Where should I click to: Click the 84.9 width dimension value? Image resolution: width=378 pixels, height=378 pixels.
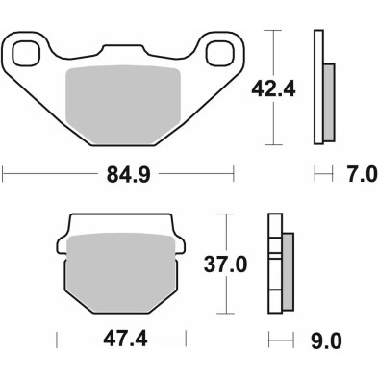pyautogui.click(x=119, y=175)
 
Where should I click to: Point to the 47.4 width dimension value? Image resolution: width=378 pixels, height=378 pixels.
pyautogui.click(x=120, y=340)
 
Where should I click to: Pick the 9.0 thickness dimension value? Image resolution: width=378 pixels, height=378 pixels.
pyautogui.click(x=325, y=340)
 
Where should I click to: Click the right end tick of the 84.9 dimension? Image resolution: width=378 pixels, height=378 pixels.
pyautogui.click(x=234, y=175)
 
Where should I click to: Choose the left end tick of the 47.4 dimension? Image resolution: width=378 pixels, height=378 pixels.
pyautogui.click(x=57, y=340)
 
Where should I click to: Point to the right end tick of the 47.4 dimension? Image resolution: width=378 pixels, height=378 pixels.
pyautogui.click(x=184, y=340)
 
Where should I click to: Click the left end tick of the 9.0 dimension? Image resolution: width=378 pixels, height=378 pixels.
pyautogui.click(x=268, y=340)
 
